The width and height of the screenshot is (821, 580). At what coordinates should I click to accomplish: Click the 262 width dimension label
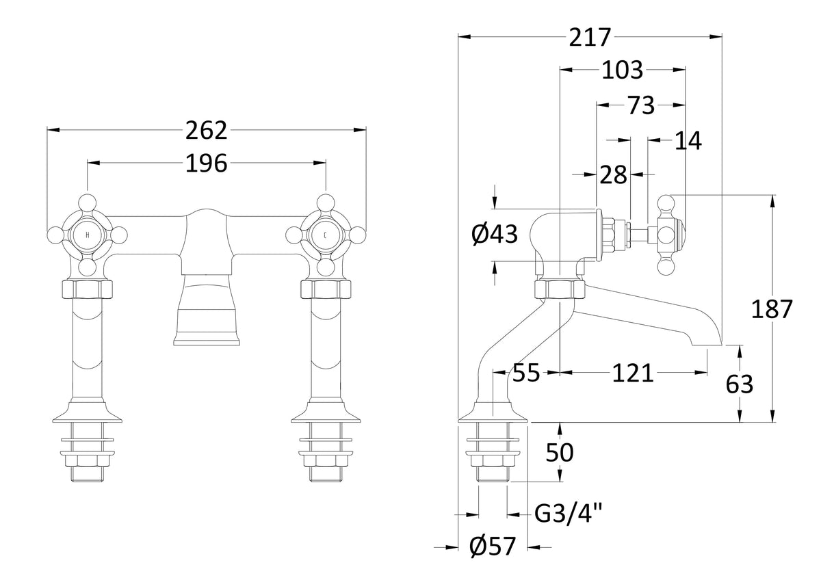(207, 131)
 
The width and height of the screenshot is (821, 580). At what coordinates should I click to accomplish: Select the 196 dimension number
(207, 163)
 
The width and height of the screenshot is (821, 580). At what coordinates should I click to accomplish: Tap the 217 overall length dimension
(590, 37)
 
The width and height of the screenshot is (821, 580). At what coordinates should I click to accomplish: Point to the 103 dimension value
(623, 70)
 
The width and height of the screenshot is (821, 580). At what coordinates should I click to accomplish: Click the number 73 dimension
(641, 105)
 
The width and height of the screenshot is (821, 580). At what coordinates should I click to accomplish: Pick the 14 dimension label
(688, 141)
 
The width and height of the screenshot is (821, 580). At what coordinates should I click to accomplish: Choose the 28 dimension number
(613, 175)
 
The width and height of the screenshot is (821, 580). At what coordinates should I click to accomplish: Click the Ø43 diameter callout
(495, 234)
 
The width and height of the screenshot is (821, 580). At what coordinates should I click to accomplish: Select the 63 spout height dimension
(740, 384)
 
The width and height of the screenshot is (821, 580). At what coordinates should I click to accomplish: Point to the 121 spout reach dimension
(633, 373)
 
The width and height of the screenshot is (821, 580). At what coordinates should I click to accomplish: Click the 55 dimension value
(526, 373)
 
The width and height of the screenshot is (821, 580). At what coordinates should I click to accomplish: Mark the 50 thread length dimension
(560, 453)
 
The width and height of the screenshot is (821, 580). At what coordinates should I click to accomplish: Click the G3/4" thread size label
(568, 514)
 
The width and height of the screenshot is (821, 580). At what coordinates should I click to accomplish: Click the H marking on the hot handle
(88, 235)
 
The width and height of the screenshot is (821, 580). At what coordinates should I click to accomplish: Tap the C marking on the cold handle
(325, 235)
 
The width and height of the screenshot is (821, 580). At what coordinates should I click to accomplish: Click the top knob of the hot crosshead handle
(88, 203)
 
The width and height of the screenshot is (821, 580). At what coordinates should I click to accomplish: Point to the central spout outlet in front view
(207, 310)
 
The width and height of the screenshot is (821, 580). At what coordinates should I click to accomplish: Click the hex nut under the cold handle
(326, 289)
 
